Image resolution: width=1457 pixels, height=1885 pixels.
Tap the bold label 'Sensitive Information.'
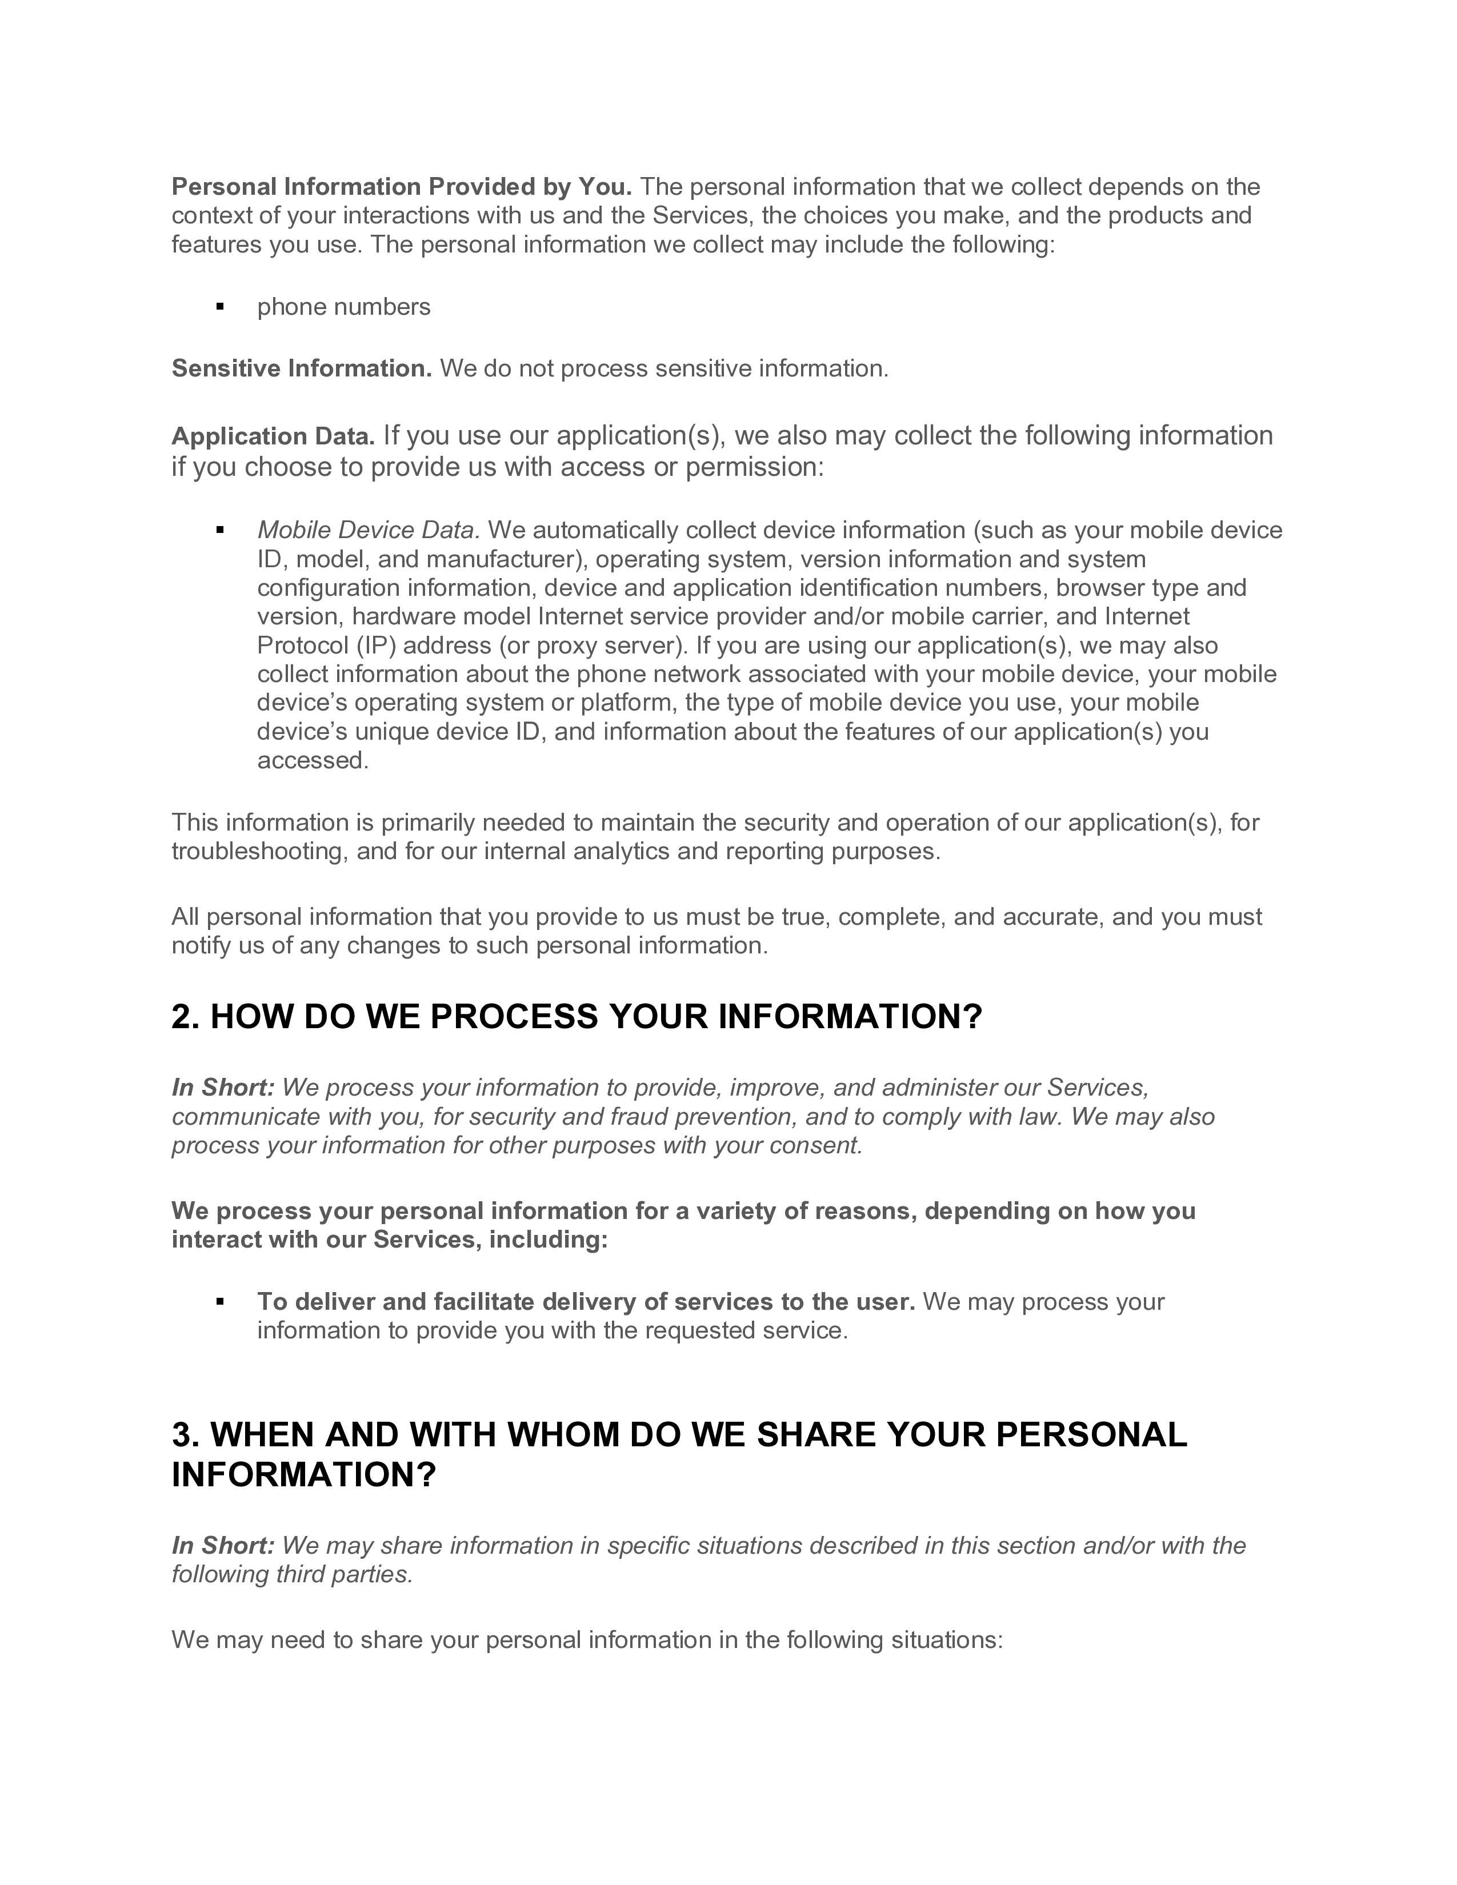tap(301, 368)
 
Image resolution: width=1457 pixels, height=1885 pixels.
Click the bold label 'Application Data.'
tap(273, 437)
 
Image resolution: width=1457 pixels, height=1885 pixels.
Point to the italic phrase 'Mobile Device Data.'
tap(369, 530)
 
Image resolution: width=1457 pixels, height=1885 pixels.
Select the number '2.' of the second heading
tap(186, 1017)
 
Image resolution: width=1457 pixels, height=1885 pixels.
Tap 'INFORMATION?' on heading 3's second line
tap(305, 1474)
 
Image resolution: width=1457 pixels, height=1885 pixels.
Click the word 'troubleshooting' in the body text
tap(259, 851)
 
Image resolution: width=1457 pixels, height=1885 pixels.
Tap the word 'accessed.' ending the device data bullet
tap(313, 760)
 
